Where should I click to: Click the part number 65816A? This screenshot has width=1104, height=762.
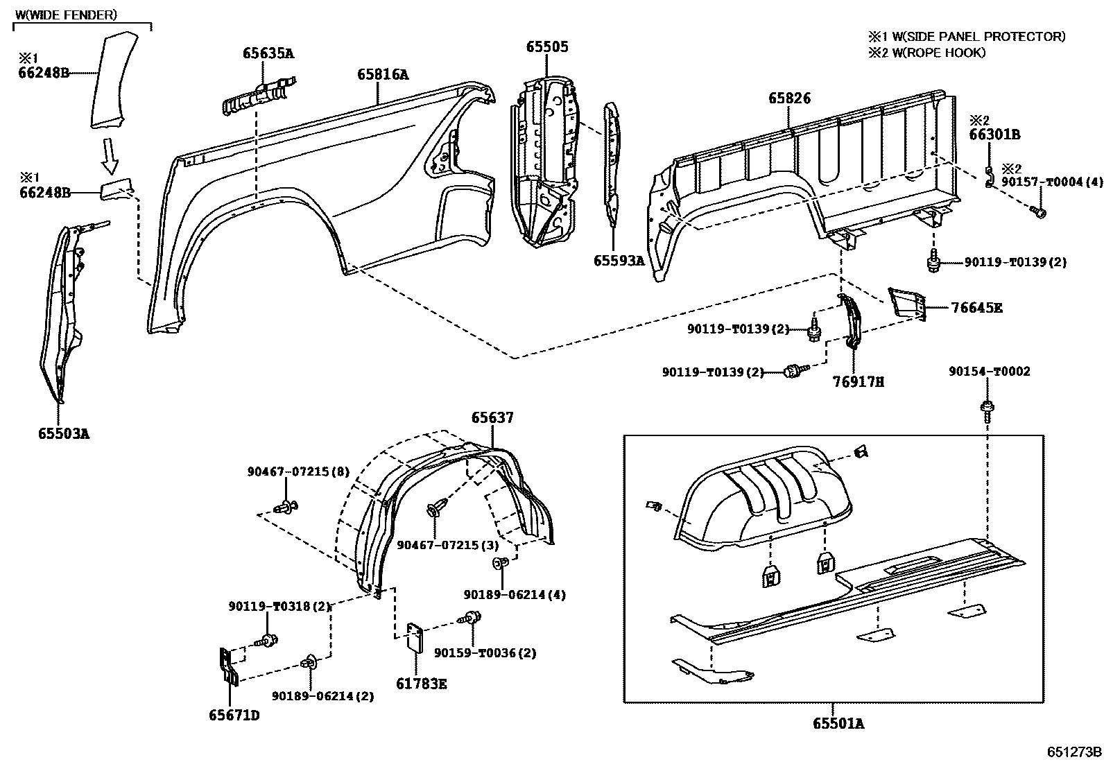click(x=383, y=74)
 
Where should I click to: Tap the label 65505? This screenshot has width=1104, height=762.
click(x=546, y=47)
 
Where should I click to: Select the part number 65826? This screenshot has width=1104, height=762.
click(x=788, y=98)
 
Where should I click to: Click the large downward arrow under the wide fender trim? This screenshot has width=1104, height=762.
click(x=109, y=155)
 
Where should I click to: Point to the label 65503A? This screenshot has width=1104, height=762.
click(x=64, y=434)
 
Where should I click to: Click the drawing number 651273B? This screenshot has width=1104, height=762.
click(x=1074, y=752)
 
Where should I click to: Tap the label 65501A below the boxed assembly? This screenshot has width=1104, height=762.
click(x=838, y=724)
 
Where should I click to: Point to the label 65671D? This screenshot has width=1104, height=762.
click(x=234, y=715)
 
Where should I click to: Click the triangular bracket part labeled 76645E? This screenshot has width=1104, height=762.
click(x=907, y=304)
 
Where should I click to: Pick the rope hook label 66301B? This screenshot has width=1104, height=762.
click(x=994, y=135)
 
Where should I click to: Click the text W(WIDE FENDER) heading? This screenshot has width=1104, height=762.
click(x=66, y=14)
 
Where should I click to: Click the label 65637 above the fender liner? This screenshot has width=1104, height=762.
click(x=492, y=417)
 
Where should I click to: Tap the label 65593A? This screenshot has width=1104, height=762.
click(x=619, y=261)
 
